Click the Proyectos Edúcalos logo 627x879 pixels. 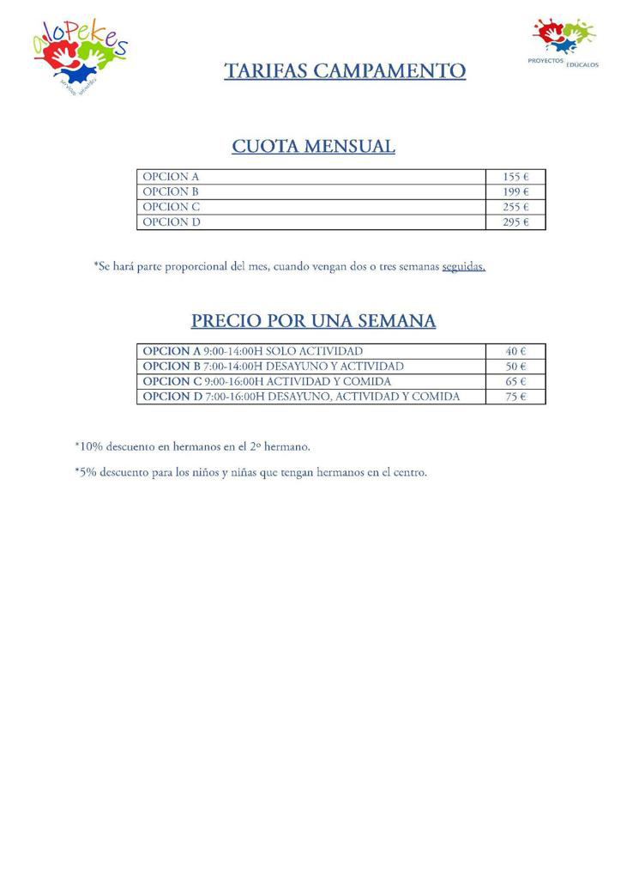564,43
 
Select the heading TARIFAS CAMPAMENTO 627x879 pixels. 345,71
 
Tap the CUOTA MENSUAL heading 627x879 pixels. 313,147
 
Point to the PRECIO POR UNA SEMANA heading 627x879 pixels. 313,321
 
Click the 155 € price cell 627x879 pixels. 515,177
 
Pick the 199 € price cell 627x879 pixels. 515,192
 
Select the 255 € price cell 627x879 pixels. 515,207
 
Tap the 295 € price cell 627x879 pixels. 515,222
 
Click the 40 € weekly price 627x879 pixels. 515,351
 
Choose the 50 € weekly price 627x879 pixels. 515,367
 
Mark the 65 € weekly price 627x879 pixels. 515,381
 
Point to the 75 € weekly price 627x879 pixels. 515,397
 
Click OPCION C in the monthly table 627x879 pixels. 171,207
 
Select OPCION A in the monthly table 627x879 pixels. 171,177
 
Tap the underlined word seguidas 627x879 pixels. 463,267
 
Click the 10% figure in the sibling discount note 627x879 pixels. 89,447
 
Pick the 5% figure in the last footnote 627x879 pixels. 86,472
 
